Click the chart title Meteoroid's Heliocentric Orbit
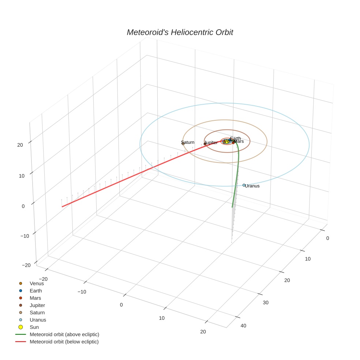180,32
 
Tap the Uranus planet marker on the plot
244,185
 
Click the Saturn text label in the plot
188,142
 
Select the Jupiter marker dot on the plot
205,144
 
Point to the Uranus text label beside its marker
252,186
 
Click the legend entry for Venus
37,283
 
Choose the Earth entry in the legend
36,291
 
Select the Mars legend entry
35,298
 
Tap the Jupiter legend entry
37,305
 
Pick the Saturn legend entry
37,312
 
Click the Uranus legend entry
38,320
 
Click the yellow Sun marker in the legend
21,327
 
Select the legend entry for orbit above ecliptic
64,334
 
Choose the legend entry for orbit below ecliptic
64,342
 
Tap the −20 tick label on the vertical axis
26,265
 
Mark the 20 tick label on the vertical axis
20,145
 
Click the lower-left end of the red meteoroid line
62,207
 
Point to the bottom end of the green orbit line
232,207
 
